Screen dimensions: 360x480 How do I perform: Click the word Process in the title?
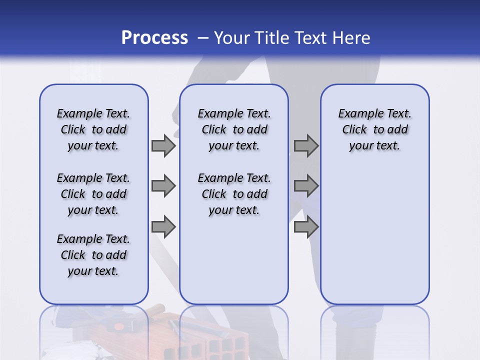pyautogui.click(x=154, y=38)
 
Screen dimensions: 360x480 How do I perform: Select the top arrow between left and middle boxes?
pyautogui.click(x=163, y=146)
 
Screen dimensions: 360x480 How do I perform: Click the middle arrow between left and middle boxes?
pyautogui.click(x=163, y=186)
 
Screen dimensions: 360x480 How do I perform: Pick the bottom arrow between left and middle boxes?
pyautogui.click(x=163, y=227)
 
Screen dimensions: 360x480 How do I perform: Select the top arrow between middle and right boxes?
pyautogui.click(x=306, y=146)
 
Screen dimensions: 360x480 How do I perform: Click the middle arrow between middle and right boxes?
pyautogui.click(x=306, y=186)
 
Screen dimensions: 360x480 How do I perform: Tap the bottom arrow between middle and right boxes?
pyautogui.click(x=306, y=227)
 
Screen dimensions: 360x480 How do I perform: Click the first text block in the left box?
pyautogui.click(x=93, y=129)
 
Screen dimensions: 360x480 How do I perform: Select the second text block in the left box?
pyautogui.click(x=93, y=194)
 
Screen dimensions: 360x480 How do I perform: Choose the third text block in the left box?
pyautogui.click(x=93, y=255)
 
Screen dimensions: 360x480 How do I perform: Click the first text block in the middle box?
pyautogui.click(x=234, y=129)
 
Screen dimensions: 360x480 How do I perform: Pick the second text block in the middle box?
pyautogui.click(x=234, y=194)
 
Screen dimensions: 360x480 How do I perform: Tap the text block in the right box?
pyautogui.click(x=375, y=129)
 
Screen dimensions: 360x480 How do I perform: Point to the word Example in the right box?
pyautogui.click(x=357, y=114)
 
